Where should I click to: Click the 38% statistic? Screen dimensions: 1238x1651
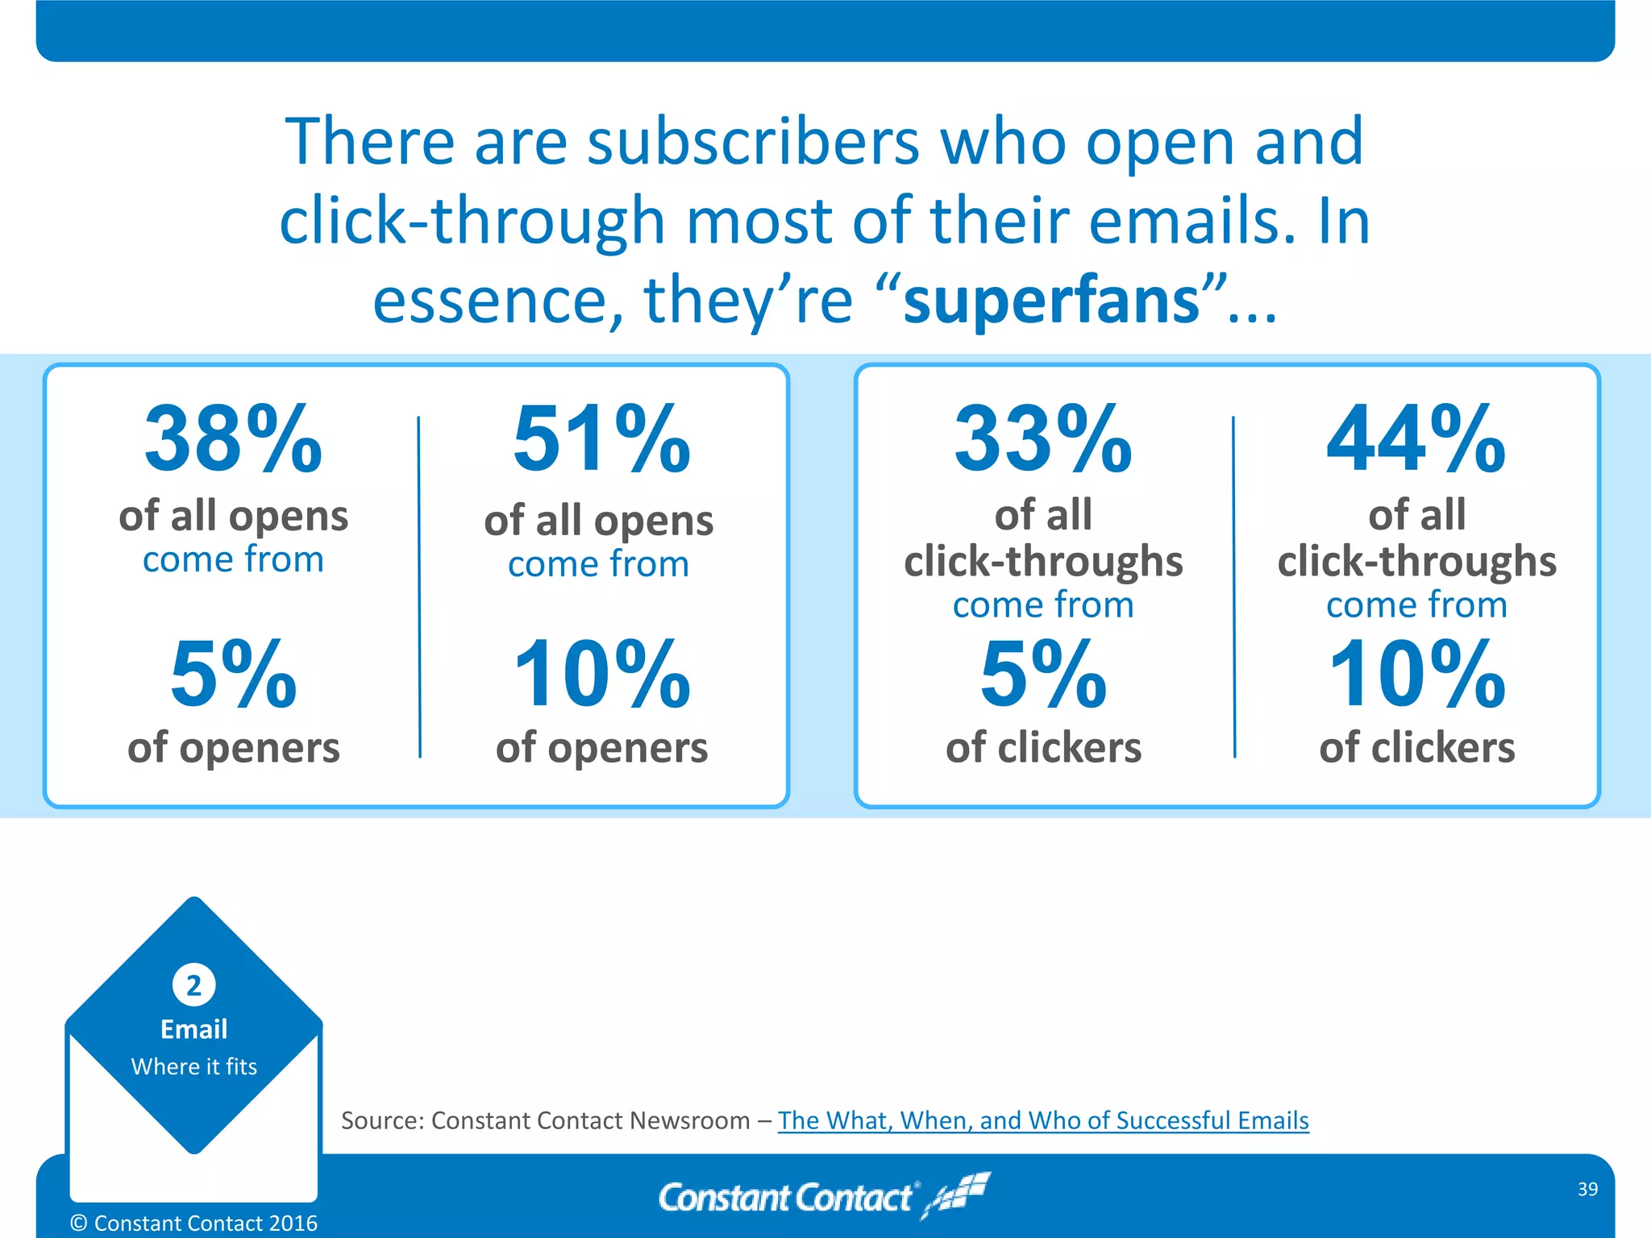point(233,439)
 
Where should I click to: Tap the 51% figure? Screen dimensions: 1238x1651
point(601,439)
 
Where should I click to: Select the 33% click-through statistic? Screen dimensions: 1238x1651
point(1043,439)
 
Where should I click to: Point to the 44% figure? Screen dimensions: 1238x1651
point(1416,439)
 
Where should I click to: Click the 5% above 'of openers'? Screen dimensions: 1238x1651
point(233,674)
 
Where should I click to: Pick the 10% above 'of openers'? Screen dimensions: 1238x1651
point(601,674)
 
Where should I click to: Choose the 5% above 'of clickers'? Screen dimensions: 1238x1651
point(1043,674)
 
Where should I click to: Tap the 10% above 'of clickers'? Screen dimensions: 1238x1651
point(1416,674)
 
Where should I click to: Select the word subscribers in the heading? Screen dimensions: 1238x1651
point(753,142)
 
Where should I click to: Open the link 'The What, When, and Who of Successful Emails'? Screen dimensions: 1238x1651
point(1043,1120)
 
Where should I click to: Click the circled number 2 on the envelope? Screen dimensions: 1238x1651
point(193,985)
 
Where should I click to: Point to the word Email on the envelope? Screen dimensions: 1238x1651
point(193,1029)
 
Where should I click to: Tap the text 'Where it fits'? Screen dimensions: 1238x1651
point(193,1066)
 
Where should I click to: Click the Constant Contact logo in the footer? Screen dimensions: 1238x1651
point(822,1196)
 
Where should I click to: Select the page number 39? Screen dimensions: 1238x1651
point(1587,1189)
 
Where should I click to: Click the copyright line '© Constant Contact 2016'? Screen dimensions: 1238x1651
point(193,1223)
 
